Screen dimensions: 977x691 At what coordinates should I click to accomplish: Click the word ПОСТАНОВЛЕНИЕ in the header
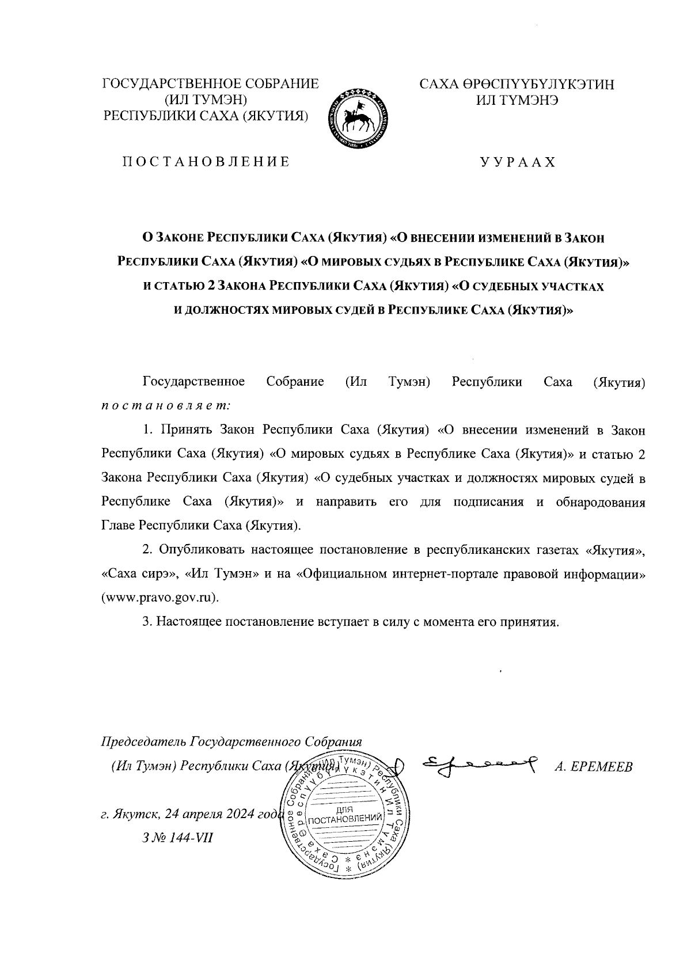205,162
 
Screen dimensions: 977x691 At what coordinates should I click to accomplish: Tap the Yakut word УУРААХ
518,162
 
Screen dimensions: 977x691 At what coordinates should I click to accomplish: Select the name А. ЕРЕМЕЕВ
594,767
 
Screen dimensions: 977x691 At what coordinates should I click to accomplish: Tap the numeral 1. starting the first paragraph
147,430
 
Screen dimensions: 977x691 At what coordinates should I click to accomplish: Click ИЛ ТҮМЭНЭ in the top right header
517,100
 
